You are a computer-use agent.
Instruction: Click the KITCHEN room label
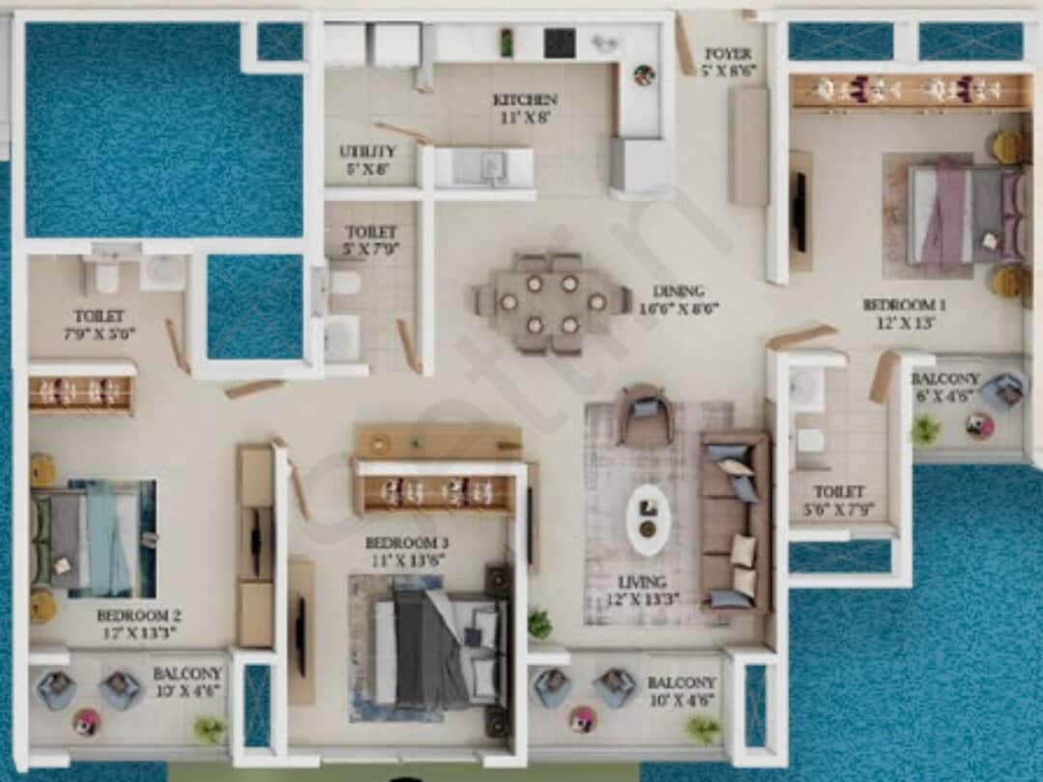525,100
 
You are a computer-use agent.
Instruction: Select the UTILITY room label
367,152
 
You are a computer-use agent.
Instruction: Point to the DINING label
678,290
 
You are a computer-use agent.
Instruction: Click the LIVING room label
642,582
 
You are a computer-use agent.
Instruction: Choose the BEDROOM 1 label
904,304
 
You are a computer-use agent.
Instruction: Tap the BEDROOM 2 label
139,615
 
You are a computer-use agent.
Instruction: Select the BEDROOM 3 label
407,542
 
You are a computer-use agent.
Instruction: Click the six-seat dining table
551,302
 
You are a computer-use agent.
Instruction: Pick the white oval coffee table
648,518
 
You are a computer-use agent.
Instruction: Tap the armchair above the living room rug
645,416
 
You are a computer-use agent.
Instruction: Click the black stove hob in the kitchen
559,43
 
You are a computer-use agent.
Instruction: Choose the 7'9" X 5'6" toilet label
100,324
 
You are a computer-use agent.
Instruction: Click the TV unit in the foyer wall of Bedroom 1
799,211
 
